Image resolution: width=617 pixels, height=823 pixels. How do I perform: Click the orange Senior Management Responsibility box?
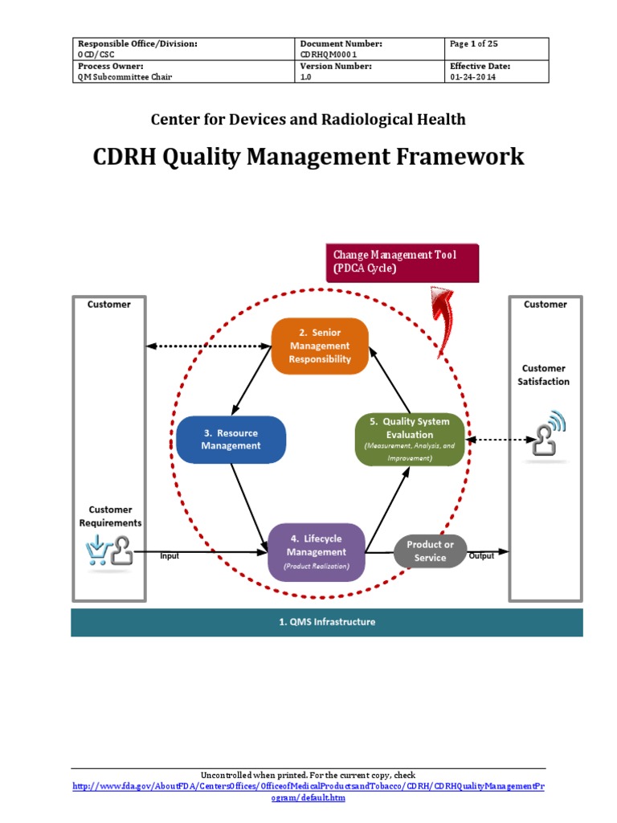[320, 346]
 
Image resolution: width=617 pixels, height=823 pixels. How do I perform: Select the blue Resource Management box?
[231, 439]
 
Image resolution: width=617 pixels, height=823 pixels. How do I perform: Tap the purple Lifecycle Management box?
[316, 551]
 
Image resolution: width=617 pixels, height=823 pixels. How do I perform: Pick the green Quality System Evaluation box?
[409, 439]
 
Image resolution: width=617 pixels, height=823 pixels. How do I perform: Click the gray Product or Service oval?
[430, 551]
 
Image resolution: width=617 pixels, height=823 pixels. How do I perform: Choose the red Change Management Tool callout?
[402, 261]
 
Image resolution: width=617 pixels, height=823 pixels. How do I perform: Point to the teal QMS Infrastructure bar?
[326, 622]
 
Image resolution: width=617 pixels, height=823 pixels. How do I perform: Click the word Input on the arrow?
[170, 556]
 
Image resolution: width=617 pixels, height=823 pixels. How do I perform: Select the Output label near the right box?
[481, 556]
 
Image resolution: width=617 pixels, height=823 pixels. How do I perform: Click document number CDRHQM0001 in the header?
[329, 55]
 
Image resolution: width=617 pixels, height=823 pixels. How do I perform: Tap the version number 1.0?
[305, 77]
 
